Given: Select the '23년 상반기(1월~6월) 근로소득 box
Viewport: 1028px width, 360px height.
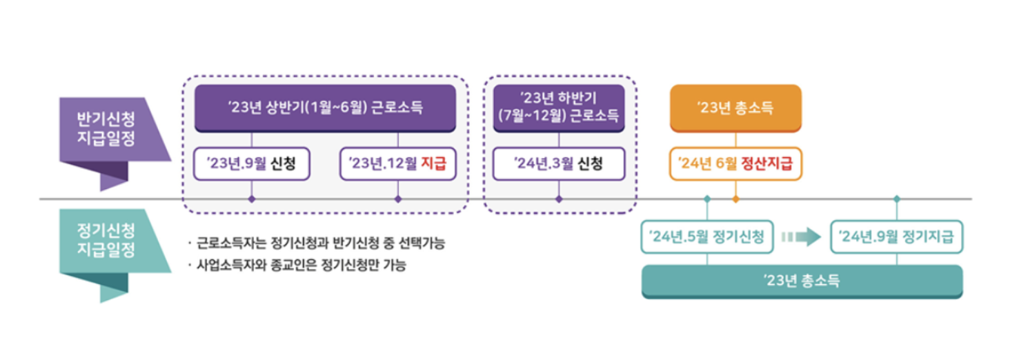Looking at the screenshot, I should coord(325,108).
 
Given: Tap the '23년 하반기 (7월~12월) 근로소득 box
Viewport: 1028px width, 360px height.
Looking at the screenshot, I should coord(558,108).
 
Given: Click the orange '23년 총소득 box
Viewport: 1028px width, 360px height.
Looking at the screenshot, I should coord(735,108).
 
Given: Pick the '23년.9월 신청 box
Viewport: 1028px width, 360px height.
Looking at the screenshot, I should coord(251,164).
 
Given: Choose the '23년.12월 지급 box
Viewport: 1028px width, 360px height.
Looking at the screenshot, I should coord(397,164).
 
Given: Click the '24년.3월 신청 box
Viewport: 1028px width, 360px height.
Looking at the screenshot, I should coord(558,164).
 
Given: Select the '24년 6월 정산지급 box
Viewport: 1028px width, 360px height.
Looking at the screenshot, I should coord(735,164).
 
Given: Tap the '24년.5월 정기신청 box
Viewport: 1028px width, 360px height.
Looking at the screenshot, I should coord(707,237).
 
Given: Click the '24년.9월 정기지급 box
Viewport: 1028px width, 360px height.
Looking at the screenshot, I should coord(896,237).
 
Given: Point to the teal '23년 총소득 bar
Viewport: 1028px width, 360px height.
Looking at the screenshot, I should coord(802,281).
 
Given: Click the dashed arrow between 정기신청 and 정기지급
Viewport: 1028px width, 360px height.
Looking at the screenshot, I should coord(801,237).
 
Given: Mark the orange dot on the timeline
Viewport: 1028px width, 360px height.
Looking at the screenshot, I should coord(735,199).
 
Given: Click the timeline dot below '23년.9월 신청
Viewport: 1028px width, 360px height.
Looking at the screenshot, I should coord(251,199).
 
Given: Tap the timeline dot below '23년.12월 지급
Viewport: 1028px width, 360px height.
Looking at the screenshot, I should coord(397,199).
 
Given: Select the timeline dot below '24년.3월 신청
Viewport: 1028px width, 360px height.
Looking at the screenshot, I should coord(558,199).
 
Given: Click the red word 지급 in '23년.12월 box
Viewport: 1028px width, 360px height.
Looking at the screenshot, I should coord(433,164).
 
